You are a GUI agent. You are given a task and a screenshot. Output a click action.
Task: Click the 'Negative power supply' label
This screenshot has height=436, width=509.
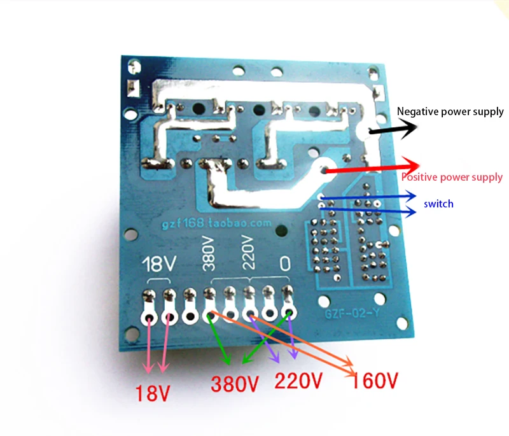pos(450,111)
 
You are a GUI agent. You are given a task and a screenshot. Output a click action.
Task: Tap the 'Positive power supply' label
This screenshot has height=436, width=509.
pos(452,177)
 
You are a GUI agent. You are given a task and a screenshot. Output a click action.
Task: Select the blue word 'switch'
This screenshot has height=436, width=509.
pos(438,204)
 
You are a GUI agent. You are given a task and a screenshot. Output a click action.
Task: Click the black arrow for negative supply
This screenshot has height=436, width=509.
pos(393,129)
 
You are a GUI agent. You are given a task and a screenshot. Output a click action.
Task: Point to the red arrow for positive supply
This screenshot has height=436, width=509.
pos(372,168)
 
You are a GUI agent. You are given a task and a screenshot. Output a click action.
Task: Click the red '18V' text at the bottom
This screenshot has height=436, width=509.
pos(152,393)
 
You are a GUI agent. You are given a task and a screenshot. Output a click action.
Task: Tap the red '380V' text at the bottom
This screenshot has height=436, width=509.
pos(235,384)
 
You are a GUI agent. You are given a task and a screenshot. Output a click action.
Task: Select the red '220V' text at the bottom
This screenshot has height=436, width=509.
pos(298,380)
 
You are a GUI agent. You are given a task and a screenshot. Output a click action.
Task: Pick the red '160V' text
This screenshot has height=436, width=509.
pos(374,380)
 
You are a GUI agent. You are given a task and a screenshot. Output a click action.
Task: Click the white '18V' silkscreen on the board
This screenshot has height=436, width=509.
pos(160,264)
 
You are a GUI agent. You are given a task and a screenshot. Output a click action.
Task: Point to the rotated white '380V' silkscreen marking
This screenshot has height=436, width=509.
pos(209,254)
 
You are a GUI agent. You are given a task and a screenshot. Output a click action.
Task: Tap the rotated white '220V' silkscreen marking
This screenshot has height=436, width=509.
pos(248,253)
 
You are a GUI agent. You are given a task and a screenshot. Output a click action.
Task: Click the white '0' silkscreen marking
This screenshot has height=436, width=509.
pos(285,264)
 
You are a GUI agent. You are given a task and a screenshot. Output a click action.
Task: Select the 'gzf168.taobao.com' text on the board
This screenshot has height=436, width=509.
pos(216,223)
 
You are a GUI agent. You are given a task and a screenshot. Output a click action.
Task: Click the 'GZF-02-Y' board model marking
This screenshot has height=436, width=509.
pos(352,314)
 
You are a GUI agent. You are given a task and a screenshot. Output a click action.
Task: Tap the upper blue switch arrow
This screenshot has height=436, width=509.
pos(368,197)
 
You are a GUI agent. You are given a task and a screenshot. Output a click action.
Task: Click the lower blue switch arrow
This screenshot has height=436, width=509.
pos(368,211)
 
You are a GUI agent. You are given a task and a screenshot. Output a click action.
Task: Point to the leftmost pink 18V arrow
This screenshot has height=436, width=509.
pos(149,346)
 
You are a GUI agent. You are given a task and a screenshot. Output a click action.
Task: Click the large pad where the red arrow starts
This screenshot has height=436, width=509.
pos(324,168)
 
